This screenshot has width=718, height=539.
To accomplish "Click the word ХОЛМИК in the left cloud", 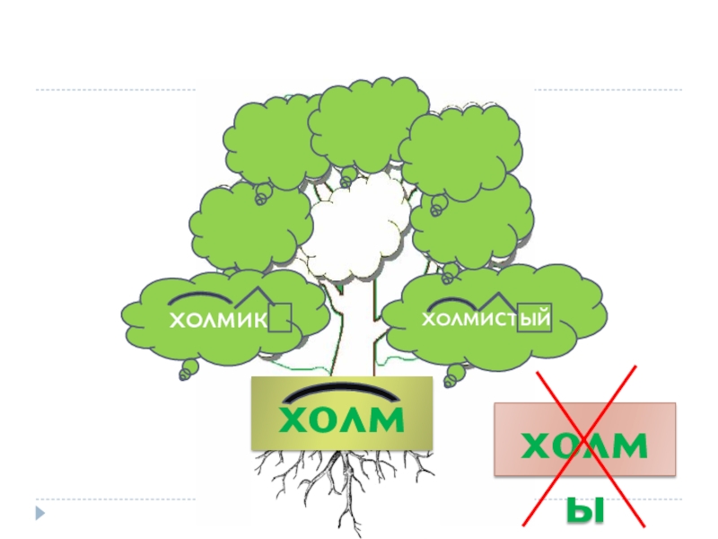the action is tap(219, 319).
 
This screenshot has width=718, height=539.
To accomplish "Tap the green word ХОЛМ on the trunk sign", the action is tap(341, 420).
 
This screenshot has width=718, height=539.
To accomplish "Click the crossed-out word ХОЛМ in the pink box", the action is tap(584, 444).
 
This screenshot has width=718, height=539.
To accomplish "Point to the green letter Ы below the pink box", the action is tap(584, 511).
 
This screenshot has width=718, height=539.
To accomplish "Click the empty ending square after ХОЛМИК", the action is tap(280, 317).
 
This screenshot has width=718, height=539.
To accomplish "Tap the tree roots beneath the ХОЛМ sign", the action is tap(341, 485).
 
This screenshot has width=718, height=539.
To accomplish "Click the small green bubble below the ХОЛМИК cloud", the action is tap(188, 369).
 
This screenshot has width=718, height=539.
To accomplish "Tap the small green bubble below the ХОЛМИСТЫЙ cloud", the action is tap(456, 371).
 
